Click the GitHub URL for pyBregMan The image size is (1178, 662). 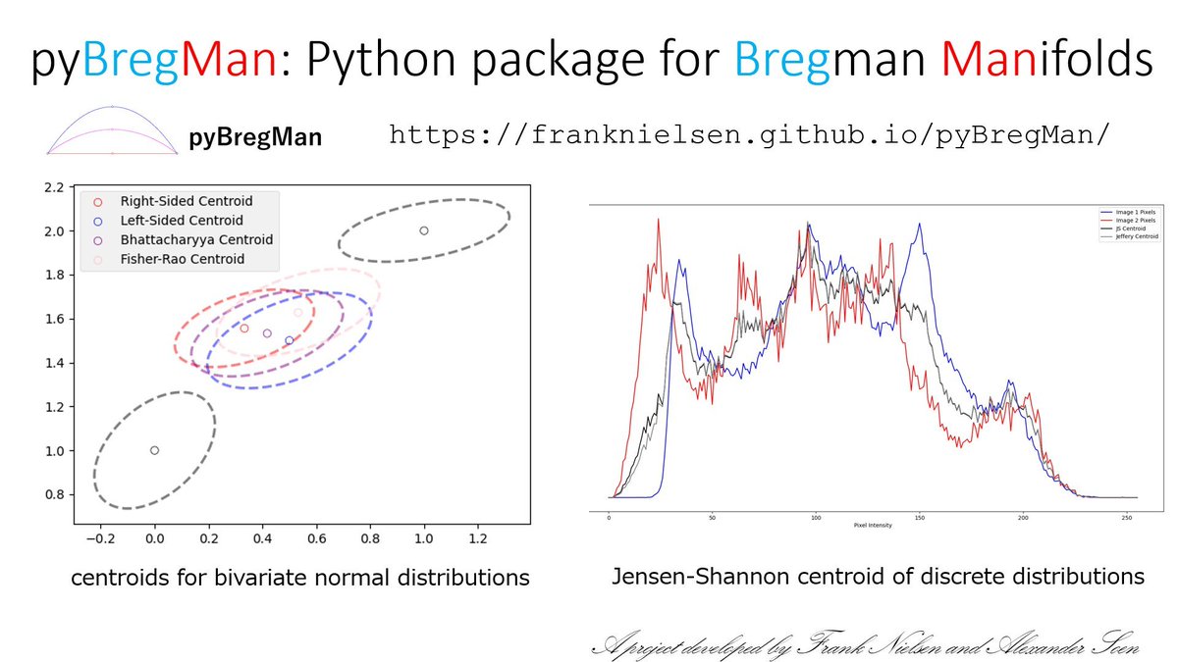(751, 134)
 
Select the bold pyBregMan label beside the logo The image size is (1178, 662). (255, 138)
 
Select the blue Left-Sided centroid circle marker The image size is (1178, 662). (290, 340)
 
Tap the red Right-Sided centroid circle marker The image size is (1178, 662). (244, 328)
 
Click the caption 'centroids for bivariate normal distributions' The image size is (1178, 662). (300, 579)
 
